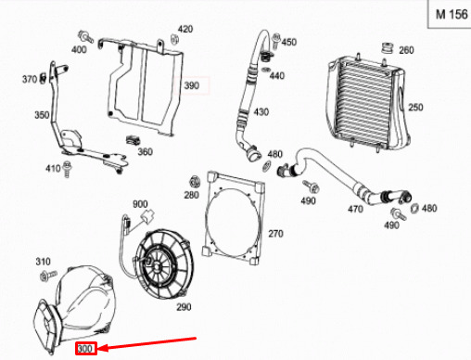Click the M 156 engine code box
click(450, 14)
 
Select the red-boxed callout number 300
click(86, 349)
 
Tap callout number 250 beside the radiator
click(415, 108)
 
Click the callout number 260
click(406, 50)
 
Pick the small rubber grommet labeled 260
click(388, 48)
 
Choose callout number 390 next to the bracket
click(192, 85)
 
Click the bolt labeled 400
click(85, 37)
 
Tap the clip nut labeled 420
click(175, 40)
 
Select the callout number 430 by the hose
click(261, 111)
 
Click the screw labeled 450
click(276, 41)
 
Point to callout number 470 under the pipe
click(355, 209)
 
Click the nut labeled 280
click(195, 181)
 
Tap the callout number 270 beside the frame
click(275, 234)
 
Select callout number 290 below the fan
click(184, 307)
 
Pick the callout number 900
click(140, 204)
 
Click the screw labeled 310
click(48, 275)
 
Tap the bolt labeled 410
click(67, 169)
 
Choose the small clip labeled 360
click(133, 140)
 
